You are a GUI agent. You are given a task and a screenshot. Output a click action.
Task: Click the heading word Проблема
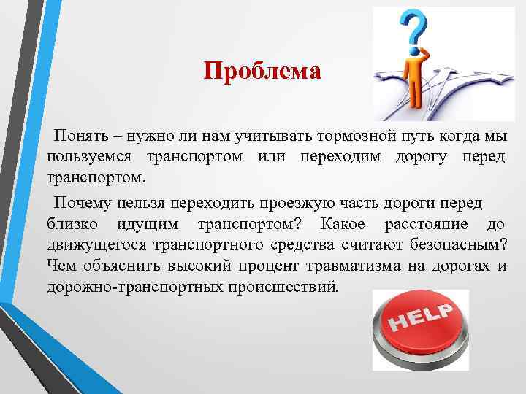(262, 72)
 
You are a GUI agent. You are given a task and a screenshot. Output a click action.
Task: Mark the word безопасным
(457, 243)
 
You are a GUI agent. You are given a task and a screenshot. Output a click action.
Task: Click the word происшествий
(293, 284)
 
